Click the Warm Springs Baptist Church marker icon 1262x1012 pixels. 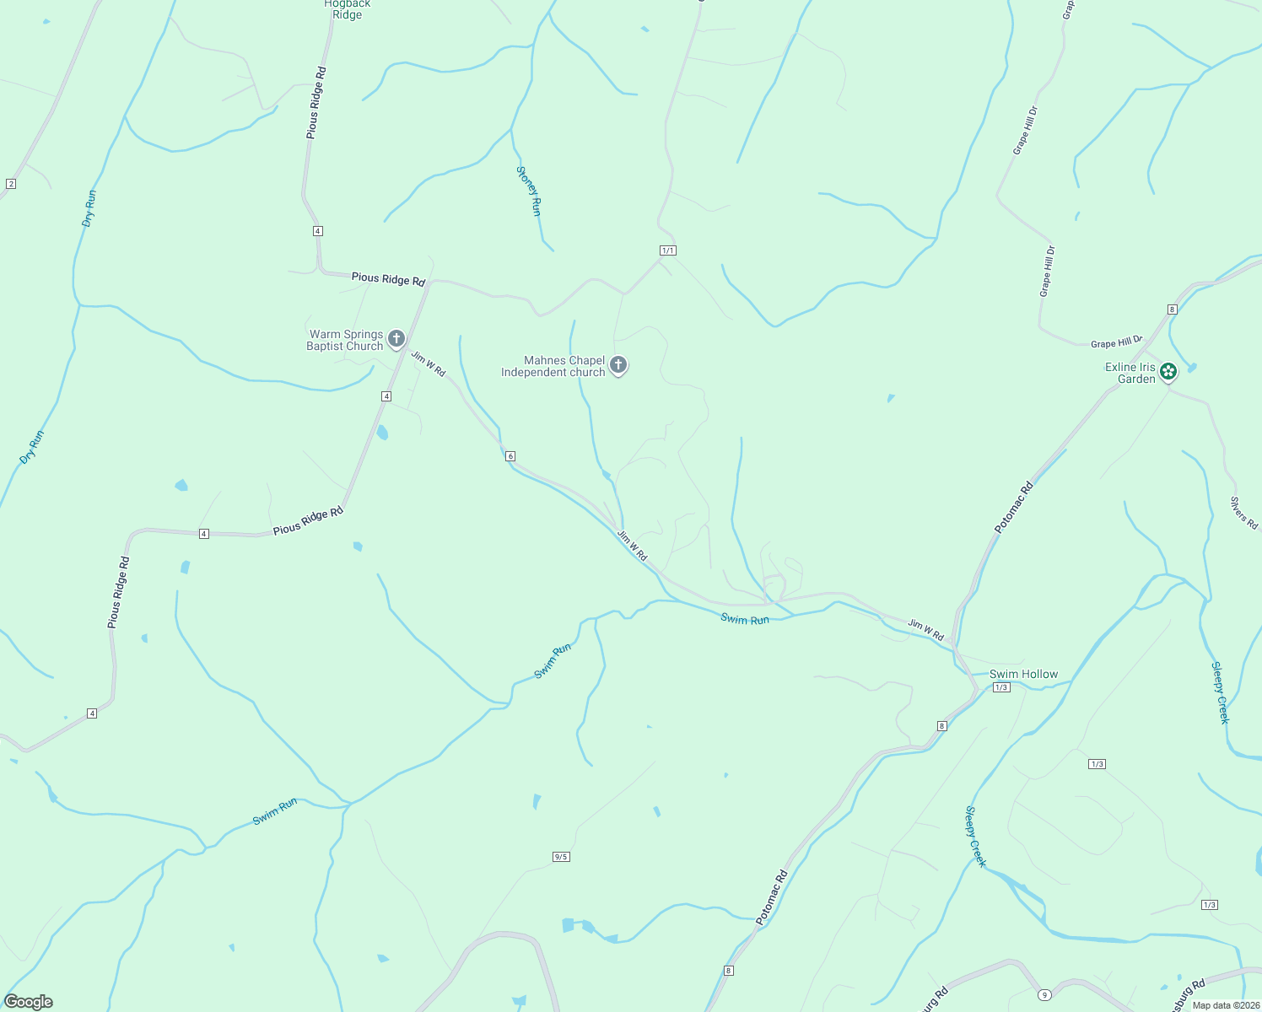tap(396, 339)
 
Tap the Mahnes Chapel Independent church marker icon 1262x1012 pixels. tap(618, 365)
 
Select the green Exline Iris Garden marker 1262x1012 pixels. tap(1168, 371)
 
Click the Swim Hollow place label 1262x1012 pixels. tap(1023, 674)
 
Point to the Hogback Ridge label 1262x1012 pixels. tap(347, 9)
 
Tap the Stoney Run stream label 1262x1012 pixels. tap(528, 191)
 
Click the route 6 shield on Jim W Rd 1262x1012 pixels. tap(510, 456)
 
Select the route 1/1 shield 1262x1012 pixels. tap(667, 250)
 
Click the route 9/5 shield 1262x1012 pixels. tap(561, 857)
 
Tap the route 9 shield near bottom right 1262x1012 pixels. tap(1044, 994)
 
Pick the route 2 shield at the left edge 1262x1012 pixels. tap(11, 184)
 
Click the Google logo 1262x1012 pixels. tap(29, 1002)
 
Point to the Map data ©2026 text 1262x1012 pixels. tap(1226, 1005)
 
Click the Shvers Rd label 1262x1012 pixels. tap(1243, 513)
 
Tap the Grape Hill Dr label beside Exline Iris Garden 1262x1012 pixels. tap(1115, 342)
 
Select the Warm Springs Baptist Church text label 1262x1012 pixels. tap(345, 340)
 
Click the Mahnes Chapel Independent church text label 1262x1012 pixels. tap(553, 366)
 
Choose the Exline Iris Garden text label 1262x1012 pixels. tap(1130, 373)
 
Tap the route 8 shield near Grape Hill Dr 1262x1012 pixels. tap(1173, 310)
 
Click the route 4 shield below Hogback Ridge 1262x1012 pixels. tap(317, 231)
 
